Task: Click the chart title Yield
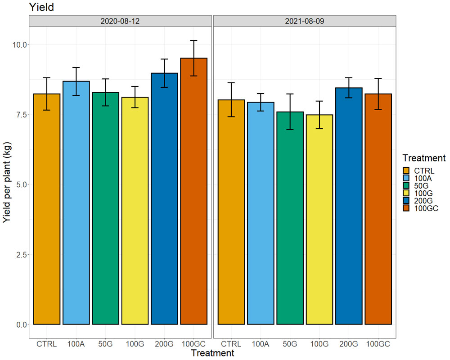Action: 41,7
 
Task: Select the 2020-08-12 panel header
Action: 120,21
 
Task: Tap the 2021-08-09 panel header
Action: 305,21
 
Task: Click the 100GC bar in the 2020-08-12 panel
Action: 193,191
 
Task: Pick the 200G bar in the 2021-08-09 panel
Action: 349,206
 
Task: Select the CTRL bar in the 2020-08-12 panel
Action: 47,209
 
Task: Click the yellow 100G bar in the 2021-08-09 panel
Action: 319,220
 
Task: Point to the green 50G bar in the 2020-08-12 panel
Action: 106,208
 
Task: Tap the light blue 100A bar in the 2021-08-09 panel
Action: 261,213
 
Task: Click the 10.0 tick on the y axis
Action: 19,45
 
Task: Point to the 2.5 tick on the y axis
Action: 21,255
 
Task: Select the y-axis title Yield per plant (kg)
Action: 7,182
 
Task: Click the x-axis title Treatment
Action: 213,353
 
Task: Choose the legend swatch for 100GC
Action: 406,208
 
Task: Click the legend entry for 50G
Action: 415,186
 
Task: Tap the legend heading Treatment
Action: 424,158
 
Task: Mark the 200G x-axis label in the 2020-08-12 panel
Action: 164,344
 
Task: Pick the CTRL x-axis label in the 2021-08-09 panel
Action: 231,344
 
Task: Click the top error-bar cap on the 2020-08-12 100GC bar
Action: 193,40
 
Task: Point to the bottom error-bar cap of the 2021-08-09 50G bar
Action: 290,130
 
